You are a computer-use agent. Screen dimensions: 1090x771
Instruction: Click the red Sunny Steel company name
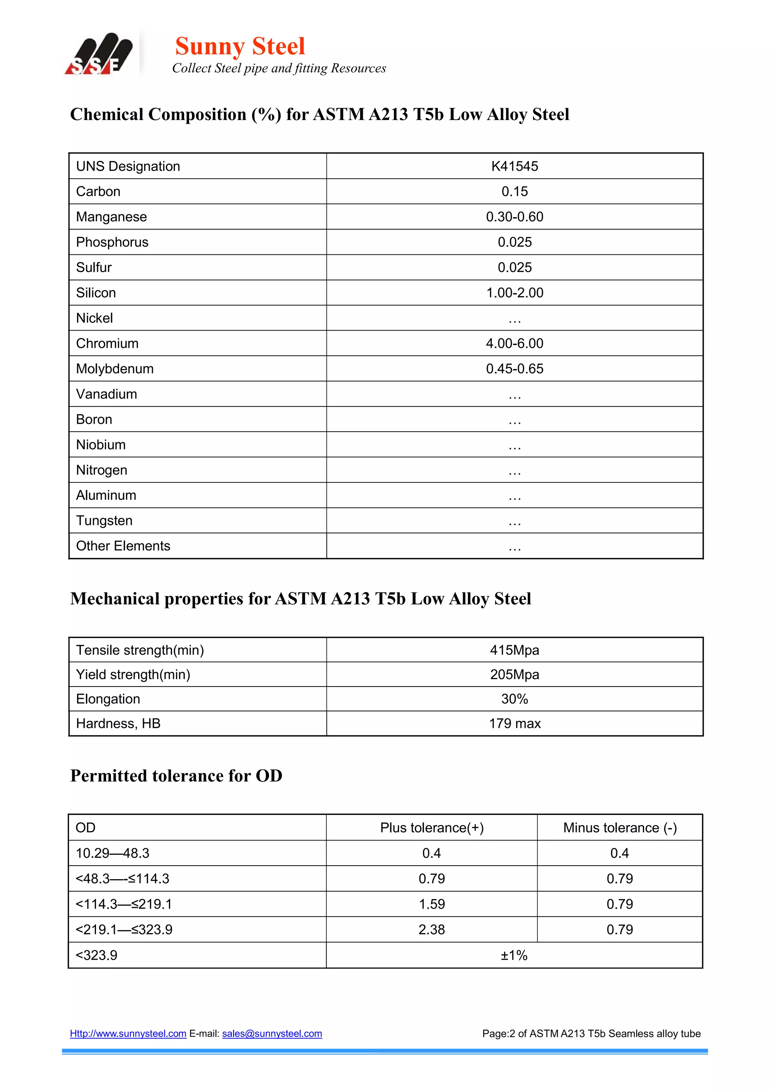click(240, 47)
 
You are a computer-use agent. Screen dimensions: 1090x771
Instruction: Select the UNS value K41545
click(514, 166)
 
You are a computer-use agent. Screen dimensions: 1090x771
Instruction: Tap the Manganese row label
click(111, 217)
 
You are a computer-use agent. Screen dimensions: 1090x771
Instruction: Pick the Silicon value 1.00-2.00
click(514, 293)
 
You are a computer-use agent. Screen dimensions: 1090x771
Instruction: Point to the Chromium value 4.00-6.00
click(514, 343)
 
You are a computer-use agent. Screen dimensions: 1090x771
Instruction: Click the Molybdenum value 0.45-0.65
click(514, 369)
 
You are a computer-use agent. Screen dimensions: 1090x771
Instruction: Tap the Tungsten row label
click(104, 521)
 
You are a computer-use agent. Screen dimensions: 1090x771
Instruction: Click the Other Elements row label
click(123, 546)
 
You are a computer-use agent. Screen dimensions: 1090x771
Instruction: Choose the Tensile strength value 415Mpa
click(514, 650)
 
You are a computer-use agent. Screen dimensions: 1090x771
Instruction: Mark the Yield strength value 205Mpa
click(514, 674)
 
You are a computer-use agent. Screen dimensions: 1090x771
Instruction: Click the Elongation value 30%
click(514, 699)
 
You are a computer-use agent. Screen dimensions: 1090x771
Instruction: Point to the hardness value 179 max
click(514, 723)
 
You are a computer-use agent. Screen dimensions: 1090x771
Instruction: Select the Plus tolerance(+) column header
click(431, 828)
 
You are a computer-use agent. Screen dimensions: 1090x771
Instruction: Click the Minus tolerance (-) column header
click(620, 828)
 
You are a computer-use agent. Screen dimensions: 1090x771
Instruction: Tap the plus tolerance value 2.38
click(431, 930)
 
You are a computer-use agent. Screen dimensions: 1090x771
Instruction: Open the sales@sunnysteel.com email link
click(272, 1034)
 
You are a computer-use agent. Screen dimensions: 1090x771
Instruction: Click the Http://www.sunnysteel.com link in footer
click(128, 1034)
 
